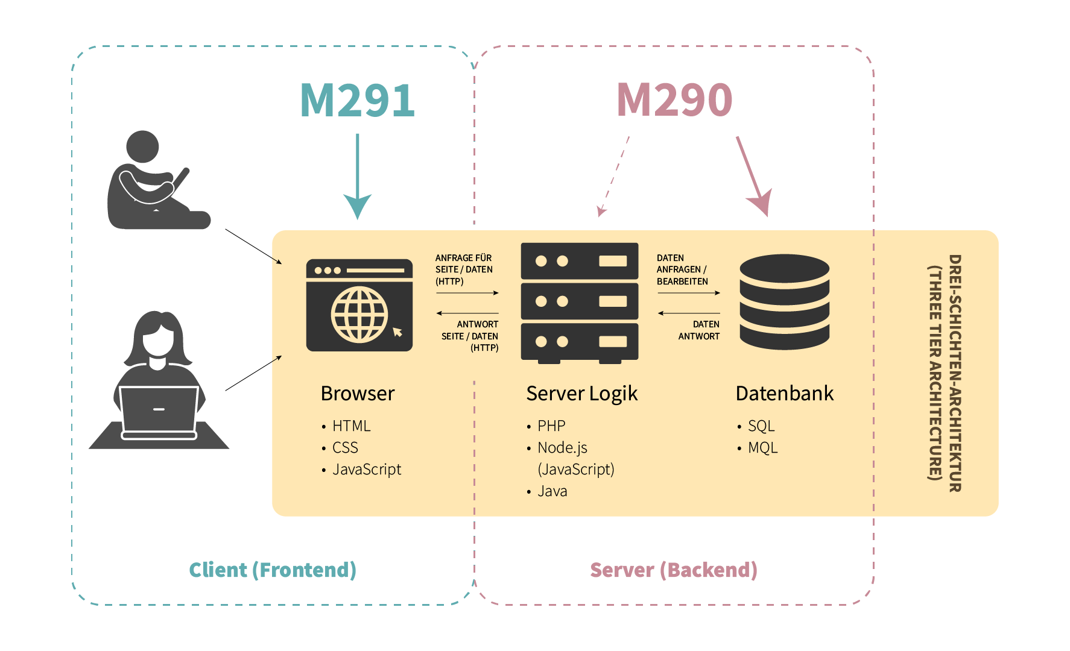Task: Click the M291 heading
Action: (x=357, y=100)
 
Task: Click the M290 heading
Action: (x=674, y=100)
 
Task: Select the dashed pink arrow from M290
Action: (x=614, y=176)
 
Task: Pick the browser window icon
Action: (x=359, y=305)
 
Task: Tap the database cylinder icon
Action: (x=784, y=302)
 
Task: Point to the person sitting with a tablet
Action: (x=154, y=181)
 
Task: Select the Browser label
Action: (x=358, y=394)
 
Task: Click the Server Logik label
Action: (x=581, y=394)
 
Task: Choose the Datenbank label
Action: (x=784, y=394)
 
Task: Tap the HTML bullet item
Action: (x=351, y=426)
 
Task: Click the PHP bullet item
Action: (x=551, y=426)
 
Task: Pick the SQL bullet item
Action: (x=761, y=426)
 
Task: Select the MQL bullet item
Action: (x=762, y=448)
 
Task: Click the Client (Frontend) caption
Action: (x=273, y=570)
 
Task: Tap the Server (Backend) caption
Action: (x=673, y=570)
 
